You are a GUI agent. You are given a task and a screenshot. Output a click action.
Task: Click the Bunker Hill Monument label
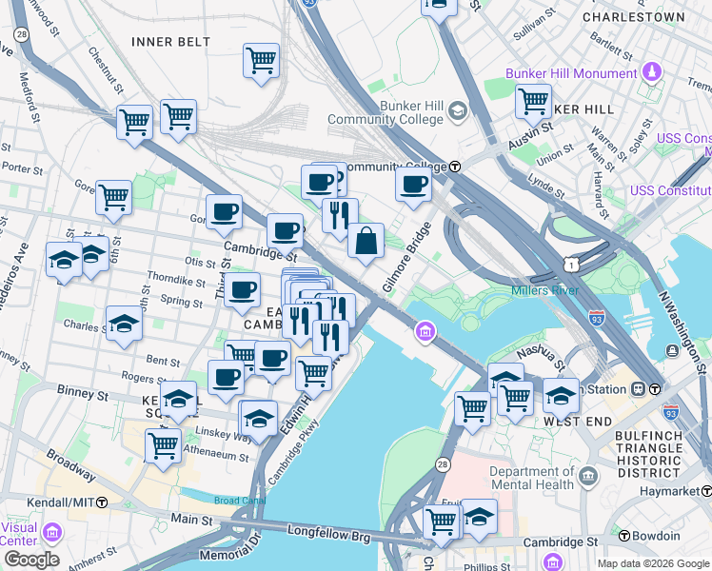point(571,73)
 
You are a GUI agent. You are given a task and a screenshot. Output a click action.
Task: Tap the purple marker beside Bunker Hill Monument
point(652,71)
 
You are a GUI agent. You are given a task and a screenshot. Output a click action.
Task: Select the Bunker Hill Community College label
point(386,112)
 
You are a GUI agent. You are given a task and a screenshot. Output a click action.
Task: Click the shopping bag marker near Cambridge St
point(366,243)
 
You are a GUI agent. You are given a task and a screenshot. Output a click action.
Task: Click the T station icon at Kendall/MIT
point(102,501)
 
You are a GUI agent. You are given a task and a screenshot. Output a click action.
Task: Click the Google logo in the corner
point(31,559)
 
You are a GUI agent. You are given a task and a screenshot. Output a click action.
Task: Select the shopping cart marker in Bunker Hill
point(533,100)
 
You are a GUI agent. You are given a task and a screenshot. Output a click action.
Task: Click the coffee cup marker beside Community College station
point(413,185)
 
